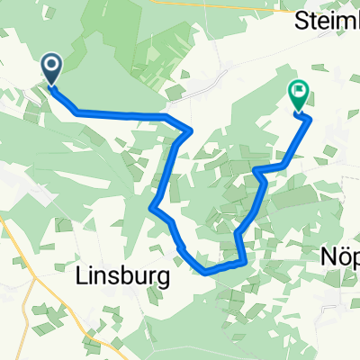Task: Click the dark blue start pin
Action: [50, 67]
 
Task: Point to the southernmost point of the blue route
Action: [207, 269]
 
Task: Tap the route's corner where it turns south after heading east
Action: [189, 131]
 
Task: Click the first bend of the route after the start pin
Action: [76, 112]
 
